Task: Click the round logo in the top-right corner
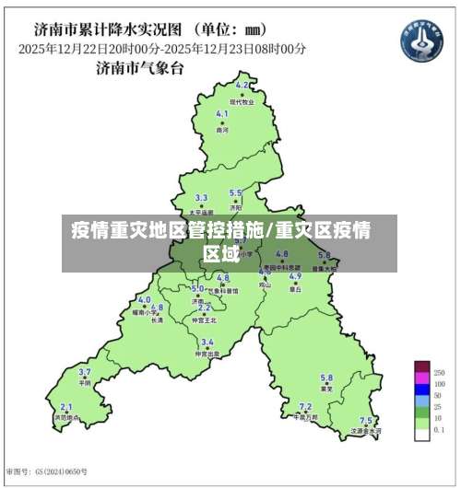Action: tap(421, 41)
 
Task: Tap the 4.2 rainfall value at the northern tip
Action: tap(242, 85)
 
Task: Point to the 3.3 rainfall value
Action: tap(201, 198)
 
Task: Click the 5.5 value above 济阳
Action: tap(235, 192)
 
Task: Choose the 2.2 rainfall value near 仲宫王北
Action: tap(204, 308)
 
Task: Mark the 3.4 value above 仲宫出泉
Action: tap(207, 342)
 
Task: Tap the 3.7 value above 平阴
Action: tap(85, 372)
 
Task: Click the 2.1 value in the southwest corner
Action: tap(65, 406)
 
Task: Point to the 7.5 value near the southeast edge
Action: tap(366, 420)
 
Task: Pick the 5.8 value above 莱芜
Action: tap(326, 378)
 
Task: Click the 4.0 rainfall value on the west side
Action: tap(144, 300)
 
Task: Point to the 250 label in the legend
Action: tap(439, 371)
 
